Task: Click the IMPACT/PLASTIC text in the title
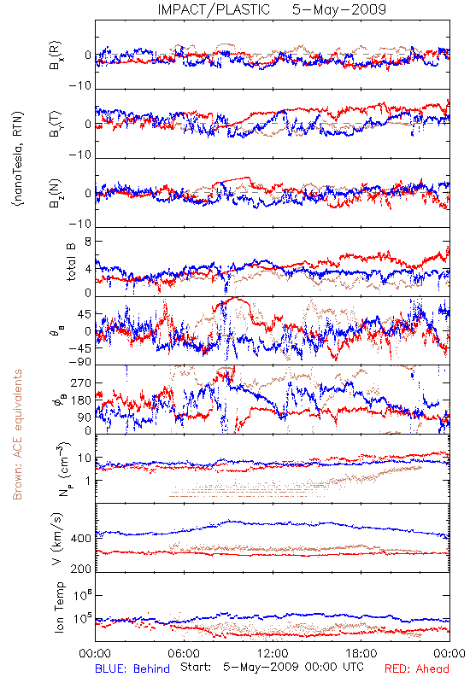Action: [x=214, y=9]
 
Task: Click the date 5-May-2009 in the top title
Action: [x=339, y=9]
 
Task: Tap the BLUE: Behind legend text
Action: [x=132, y=668]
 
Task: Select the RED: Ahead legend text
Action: [x=416, y=668]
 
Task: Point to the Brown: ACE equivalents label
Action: [x=17, y=435]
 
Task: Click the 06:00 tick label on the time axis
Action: [x=184, y=653]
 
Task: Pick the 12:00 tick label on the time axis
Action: [x=273, y=653]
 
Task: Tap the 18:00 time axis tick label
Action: [x=361, y=653]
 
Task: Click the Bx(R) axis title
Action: [x=56, y=55]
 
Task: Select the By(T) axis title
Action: [x=56, y=124]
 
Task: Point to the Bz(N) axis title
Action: [x=56, y=193]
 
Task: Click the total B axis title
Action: [x=71, y=262]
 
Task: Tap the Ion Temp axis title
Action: [x=59, y=607]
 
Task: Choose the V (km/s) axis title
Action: [x=57, y=539]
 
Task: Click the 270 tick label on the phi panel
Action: [x=81, y=383]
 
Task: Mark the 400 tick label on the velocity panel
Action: [x=81, y=539]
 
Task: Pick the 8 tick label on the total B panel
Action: [x=88, y=242]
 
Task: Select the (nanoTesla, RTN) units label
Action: [x=18, y=159]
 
